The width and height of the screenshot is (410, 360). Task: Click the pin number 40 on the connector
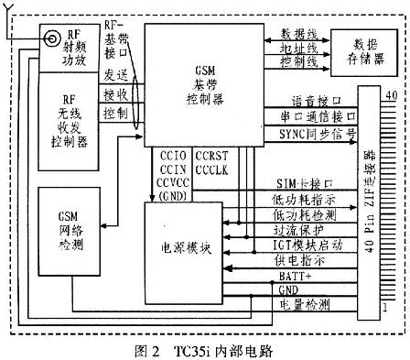pyautogui.click(x=390, y=95)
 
